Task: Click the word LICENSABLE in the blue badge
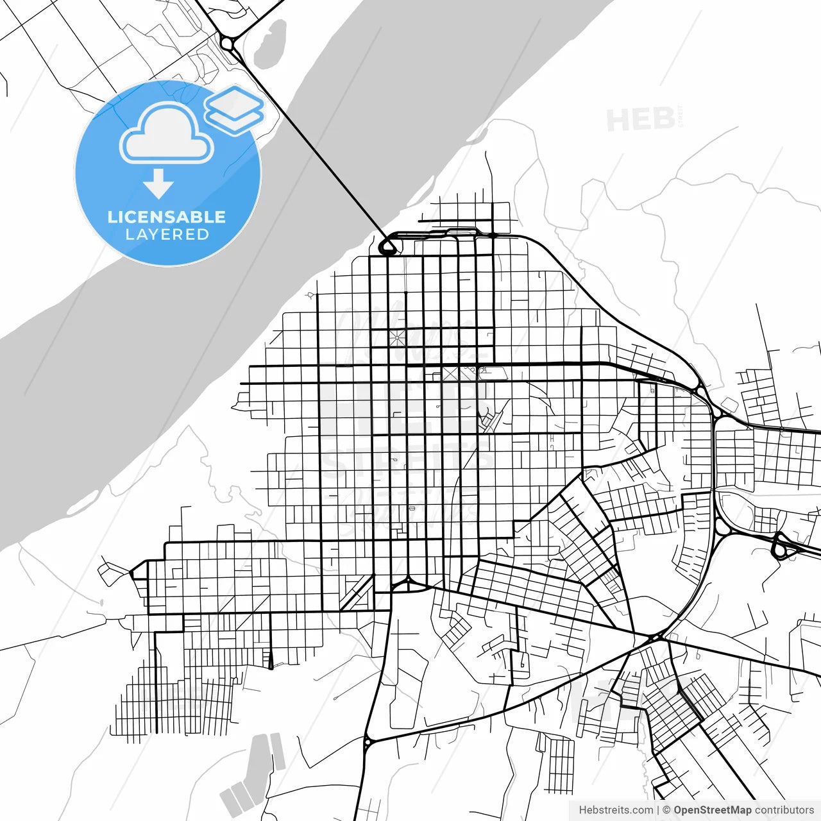[167, 217]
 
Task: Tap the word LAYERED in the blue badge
[167, 235]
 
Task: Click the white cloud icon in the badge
[167, 133]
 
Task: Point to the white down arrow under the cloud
[158, 185]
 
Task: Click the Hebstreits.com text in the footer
[616, 810]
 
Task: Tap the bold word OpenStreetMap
[712, 810]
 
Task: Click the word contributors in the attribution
[784, 810]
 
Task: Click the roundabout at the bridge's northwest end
[227, 44]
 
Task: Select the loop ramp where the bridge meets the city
[388, 246]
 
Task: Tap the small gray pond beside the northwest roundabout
[270, 44]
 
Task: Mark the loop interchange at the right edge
[781, 547]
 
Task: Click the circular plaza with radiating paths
[396, 337]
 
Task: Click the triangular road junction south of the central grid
[407, 583]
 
